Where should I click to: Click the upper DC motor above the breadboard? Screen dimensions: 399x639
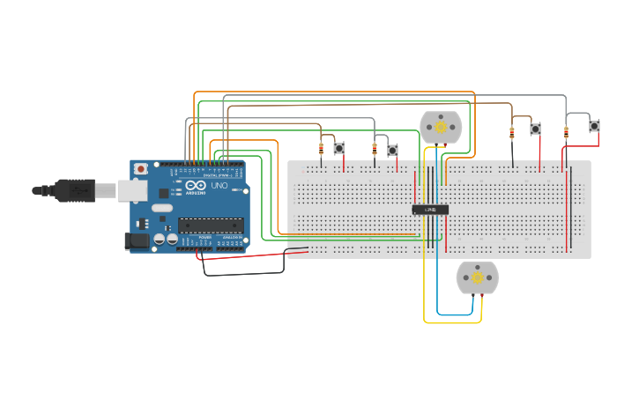(x=440, y=128)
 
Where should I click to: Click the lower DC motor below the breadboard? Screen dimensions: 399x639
(x=477, y=277)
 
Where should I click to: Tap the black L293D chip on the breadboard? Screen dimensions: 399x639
(x=430, y=210)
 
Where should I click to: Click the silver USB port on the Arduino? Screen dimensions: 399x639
(x=133, y=189)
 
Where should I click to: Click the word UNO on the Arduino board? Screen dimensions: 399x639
(x=219, y=186)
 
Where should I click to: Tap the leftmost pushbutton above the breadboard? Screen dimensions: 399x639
(x=338, y=148)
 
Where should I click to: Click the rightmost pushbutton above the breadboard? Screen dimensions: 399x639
(x=595, y=127)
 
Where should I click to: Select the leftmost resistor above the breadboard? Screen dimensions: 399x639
(x=321, y=147)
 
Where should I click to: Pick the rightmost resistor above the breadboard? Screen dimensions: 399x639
(x=566, y=133)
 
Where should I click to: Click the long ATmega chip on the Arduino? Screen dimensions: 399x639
(x=211, y=225)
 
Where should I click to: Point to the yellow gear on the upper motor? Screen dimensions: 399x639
(x=440, y=128)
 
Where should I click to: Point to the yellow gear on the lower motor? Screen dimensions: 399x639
(x=477, y=277)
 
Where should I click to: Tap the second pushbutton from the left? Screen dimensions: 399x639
(x=392, y=150)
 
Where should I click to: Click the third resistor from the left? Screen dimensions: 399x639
(x=512, y=134)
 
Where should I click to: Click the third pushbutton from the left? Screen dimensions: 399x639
(x=535, y=129)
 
